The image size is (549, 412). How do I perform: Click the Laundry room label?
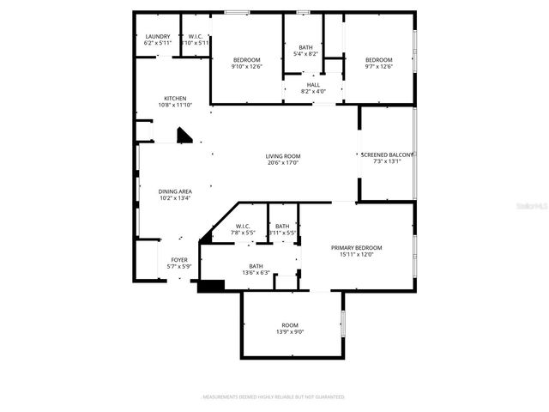(158, 36)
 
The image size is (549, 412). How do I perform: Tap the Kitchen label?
(175, 99)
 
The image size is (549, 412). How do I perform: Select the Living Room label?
(282, 156)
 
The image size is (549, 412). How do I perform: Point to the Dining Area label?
(175, 191)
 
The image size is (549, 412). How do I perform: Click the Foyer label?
(179, 259)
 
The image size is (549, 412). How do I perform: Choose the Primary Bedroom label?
(356, 247)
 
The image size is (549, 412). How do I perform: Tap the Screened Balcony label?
(388, 154)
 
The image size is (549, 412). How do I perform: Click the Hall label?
(313, 85)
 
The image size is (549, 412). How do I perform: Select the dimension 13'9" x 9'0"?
(289, 331)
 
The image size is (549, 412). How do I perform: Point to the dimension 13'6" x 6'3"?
(256, 273)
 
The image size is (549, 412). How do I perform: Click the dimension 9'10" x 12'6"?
(246, 66)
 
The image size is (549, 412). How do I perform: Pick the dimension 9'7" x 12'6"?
(378, 66)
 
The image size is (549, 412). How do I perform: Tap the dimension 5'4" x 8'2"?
(306, 53)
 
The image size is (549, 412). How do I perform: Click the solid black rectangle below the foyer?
(211, 286)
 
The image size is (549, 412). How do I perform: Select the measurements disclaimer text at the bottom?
(274, 397)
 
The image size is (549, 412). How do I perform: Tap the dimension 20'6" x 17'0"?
(282, 163)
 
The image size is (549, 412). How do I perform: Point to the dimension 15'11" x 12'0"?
(356, 254)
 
